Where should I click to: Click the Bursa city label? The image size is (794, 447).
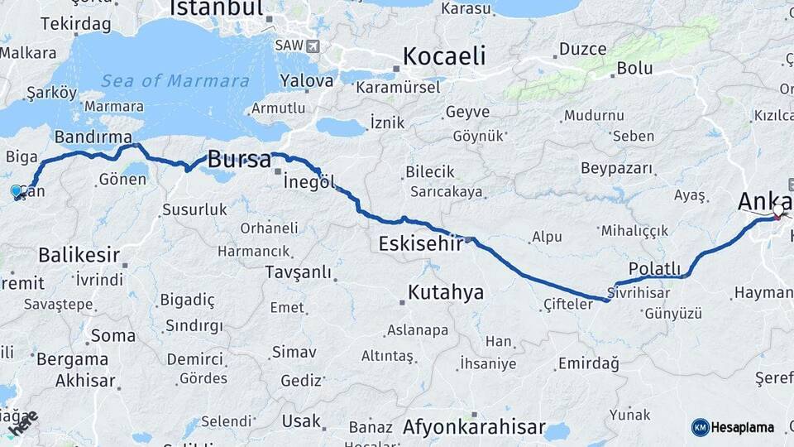(x=239, y=160)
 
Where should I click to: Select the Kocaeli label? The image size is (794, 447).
(x=444, y=56)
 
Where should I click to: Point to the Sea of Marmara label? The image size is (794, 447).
(x=175, y=81)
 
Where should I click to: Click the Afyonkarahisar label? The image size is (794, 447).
(x=474, y=427)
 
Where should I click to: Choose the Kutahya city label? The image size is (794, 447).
(x=445, y=291)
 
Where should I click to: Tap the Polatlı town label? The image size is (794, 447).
(x=654, y=269)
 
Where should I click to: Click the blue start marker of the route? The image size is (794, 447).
(x=17, y=191)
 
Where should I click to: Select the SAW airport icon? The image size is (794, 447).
(x=311, y=45)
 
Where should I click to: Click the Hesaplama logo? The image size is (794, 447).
(x=733, y=427)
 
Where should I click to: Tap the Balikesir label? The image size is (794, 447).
(x=79, y=255)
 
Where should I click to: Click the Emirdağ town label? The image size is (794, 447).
(x=589, y=363)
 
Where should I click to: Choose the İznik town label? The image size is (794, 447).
(x=387, y=122)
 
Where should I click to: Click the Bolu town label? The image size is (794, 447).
(x=634, y=69)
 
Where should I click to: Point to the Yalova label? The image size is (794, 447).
(x=306, y=81)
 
